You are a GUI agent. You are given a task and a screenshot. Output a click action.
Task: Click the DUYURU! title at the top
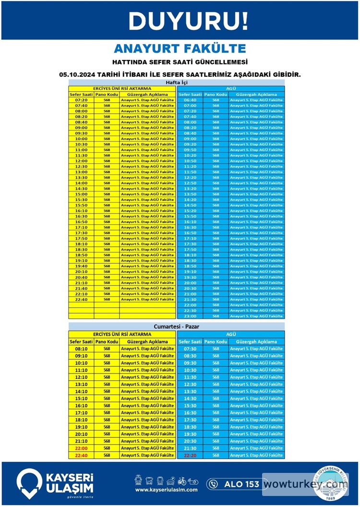tap(189, 21)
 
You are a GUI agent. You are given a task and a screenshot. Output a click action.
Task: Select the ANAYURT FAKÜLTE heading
tap(180, 48)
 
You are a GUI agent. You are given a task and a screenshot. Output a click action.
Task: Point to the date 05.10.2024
tap(78, 75)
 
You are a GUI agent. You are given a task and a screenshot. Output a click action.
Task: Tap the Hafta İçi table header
tap(176, 83)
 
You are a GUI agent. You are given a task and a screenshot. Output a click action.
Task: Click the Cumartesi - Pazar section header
tap(176, 326)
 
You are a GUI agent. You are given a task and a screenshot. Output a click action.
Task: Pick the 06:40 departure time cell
tap(190, 100)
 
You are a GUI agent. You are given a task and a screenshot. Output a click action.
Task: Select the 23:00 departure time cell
tap(190, 316)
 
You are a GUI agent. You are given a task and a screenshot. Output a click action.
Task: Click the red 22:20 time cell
tap(190, 455)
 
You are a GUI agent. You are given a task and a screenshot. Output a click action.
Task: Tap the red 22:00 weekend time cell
tap(81, 448)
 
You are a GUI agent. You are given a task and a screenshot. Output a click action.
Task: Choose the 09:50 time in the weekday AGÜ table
tap(190, 150)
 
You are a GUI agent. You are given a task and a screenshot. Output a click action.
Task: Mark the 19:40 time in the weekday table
tap(81, 266)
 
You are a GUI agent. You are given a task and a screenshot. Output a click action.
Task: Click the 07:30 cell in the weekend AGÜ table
tap(190, 349)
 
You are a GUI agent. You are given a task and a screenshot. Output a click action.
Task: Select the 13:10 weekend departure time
tap(81, 384)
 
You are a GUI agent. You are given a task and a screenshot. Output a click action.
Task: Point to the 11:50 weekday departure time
tap(190, 172)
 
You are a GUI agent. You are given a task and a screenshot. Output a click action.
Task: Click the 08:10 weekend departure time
tap(81, 349)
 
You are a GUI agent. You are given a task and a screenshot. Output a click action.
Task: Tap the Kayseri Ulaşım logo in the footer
tap(55, 483)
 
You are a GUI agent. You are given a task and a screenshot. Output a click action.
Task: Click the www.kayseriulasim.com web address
tap(166, 490)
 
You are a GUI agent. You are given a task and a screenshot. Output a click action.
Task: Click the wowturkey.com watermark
tap(305, 484)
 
